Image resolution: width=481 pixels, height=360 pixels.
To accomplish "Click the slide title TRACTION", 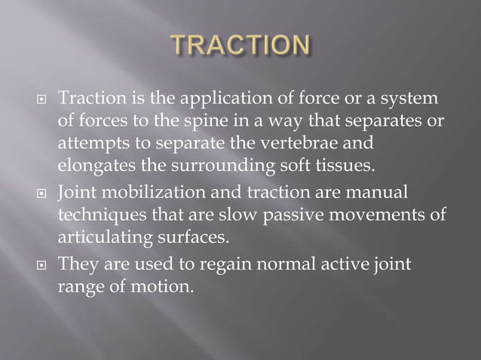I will [x=240, y=47].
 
